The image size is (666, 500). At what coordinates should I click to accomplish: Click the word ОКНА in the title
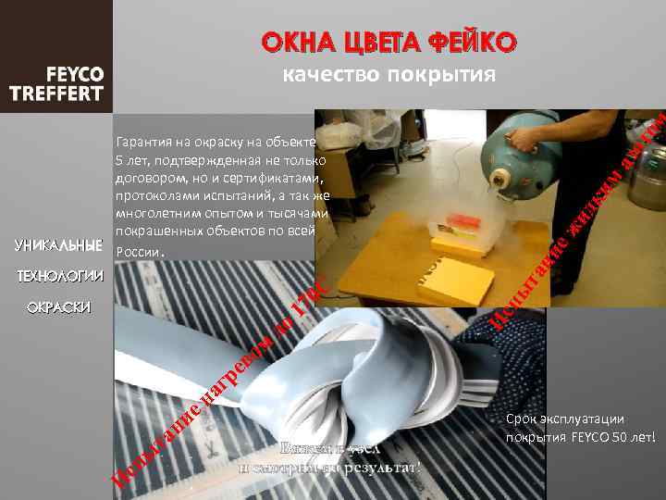click(293, 43)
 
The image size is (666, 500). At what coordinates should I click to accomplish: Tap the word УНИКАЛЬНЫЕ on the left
click(58, 245)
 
